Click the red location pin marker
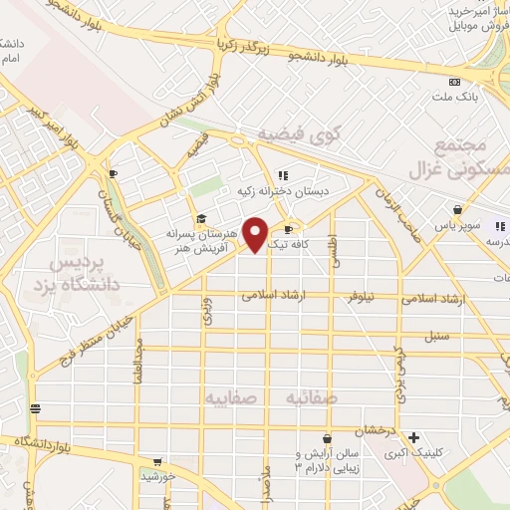[256, 234]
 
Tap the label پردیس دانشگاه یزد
[84, 273]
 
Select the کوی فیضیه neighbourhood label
[299, 133]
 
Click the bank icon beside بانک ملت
[454, 82]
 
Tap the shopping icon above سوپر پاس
[457, 209]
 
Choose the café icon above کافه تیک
[289, 229]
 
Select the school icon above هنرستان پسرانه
[200, 219]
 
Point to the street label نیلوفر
[368, 298]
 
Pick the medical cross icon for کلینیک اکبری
[413, 437]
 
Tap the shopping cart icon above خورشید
[156, 463]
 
